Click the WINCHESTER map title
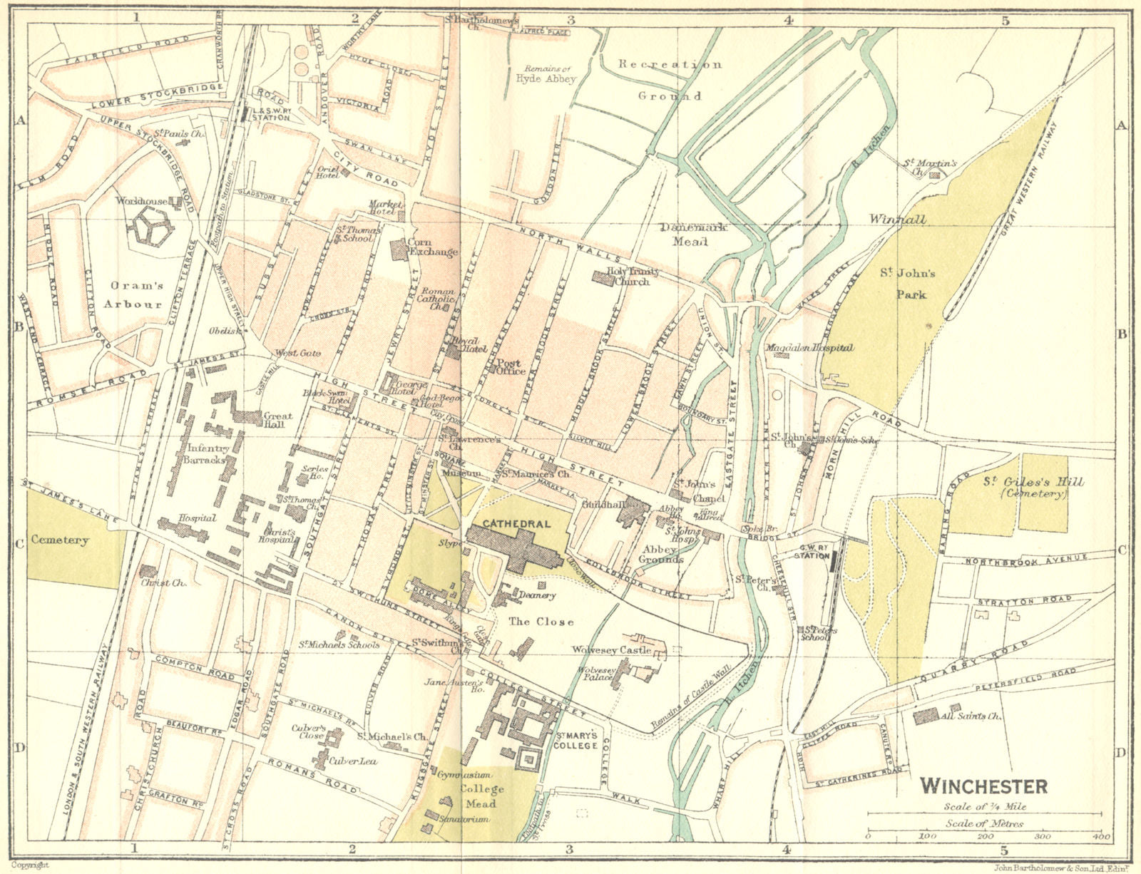[x=983, y=786]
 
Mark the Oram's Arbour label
[x=136, y=294]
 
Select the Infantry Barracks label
[x=208, y=453]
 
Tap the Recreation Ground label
[x=670, y=79]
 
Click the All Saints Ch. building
[x=926, y=716]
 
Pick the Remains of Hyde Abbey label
[x=546, y=73]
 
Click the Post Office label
[x=510, y=366]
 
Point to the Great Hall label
[x=277, y=420]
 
